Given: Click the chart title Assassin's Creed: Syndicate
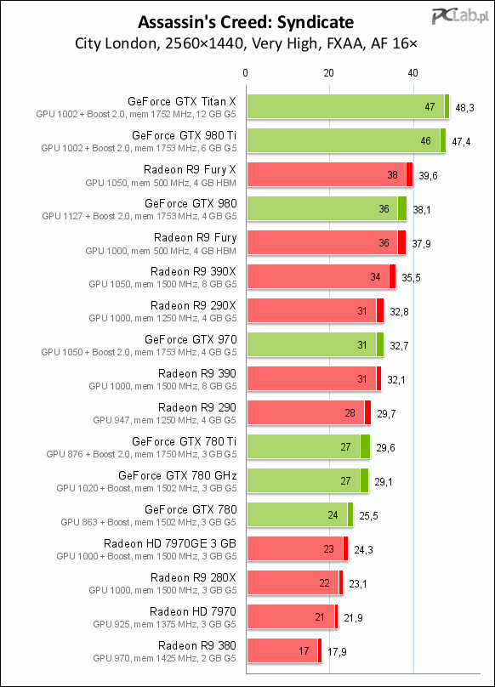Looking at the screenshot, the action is click(x=246, y=22).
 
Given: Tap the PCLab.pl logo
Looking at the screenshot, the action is click(x=460, y=17).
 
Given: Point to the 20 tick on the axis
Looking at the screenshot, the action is click(x=329, y=73).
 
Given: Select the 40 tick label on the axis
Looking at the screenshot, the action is click(x=412, y=73).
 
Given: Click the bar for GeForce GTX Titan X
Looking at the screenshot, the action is click(x=348, y=106).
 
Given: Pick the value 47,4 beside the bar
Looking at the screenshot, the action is click(x=461, y=141).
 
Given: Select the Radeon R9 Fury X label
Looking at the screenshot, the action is click(x=190, y=169).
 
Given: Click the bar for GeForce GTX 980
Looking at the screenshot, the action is click(x=327, y=208).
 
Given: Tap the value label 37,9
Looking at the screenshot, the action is click(x=421, y=244).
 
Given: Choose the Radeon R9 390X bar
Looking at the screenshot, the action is click(x=321, y=276).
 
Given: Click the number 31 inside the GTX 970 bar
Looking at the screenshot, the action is click(x=361, y=345).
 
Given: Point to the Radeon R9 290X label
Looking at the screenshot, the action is click(x=193, y=305).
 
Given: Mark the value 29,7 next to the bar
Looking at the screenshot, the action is click(x=386, y=413).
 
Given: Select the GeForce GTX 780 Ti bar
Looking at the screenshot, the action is click(x=309, y=446).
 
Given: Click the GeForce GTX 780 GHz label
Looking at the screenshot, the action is click(x=178, y=475).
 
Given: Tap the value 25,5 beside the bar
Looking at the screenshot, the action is click(x=369, y=516).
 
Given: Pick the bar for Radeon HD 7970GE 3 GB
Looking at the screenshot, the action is click(x=298, y=548).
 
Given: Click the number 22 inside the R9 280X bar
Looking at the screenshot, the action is click(x=324, y=582).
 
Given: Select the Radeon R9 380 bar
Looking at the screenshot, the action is click(x=285, y=650).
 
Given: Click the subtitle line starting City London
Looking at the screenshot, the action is click(x=246, y=43).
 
